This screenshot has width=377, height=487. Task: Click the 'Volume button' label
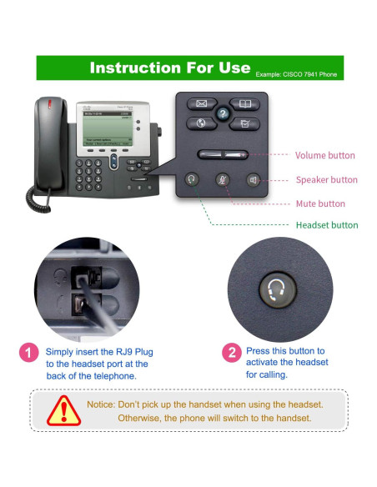click(324, 155)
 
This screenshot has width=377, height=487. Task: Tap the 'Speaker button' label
click(327, 180)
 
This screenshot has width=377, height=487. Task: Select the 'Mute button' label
click(320, 203)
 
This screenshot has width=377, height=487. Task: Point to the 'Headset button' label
click(327, 225)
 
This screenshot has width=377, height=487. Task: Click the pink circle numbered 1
click(29, 353)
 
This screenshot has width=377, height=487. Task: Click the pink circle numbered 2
click(232, 353)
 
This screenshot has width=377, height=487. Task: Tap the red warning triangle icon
click(64, 410)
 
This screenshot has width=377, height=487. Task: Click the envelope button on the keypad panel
click(202, 103)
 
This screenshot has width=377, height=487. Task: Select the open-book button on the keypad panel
click(244, 103)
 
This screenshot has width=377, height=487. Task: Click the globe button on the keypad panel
click(201, 123)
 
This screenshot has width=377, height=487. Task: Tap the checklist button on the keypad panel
click(244, 124)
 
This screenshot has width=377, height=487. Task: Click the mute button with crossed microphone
click(223, 179)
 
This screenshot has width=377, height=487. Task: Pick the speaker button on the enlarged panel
click(254, 180)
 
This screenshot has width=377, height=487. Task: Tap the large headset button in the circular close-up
click(278, 290)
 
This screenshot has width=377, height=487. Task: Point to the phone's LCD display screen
click(108, 128)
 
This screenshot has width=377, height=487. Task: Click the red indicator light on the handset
click(49, 103)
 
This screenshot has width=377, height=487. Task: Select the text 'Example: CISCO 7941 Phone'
click(296, 74)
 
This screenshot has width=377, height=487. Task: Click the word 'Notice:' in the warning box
click(101, 404)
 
